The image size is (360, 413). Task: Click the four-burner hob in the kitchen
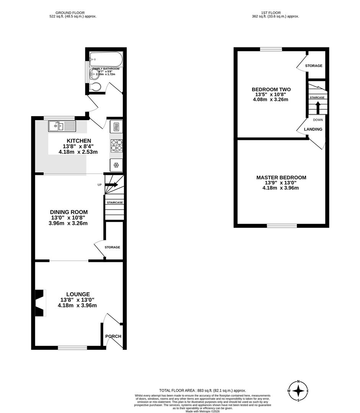coord(116,146)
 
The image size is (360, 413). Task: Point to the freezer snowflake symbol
coord(116,165)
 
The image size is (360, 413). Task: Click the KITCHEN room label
coord(79,141)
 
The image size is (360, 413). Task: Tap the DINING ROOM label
coord(69,212)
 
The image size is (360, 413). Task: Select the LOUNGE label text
coord(77,294)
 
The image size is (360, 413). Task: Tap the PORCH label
coord(113,337)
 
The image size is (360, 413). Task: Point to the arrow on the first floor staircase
coord(317,107)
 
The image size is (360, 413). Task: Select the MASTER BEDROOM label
coord(281,177)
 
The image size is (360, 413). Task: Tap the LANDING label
coord(313,129)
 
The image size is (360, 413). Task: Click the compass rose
coord(298,391)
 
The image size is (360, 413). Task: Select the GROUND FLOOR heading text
coord(73,13)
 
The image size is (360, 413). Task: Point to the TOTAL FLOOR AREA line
coord(202,390)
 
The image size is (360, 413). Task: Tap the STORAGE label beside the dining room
coord(113,247)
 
